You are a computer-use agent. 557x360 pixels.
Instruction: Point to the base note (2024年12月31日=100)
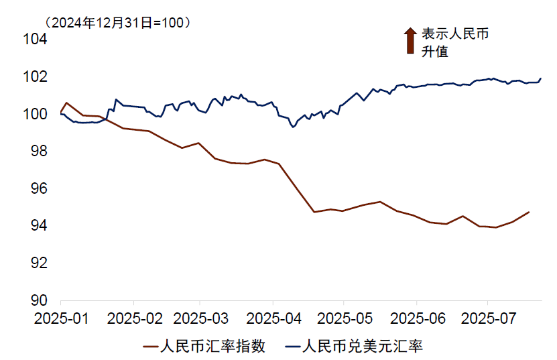118,21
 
